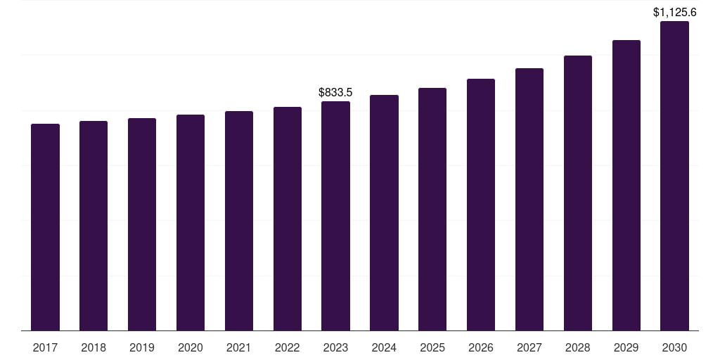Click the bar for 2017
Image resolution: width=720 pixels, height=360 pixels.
click(45, 227)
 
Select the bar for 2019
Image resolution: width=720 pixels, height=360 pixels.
click(142, 224)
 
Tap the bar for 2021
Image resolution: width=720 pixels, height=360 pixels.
click(239, 221)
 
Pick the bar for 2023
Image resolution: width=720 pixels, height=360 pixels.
click(335, 216)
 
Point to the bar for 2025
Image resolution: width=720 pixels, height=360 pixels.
click(432, 210)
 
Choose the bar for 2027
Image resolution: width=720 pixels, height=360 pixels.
click(529, 199)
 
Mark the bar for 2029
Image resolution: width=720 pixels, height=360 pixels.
click(626, 186)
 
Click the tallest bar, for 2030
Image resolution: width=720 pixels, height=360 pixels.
click(674, 176)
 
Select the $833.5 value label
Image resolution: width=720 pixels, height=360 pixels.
click(335, 92)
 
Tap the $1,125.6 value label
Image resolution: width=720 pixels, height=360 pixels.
click(674, 13)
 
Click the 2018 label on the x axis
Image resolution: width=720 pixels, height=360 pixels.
click(94, 348)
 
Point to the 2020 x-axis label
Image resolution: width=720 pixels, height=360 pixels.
click(191, 348)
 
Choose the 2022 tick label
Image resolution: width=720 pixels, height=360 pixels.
click(288, 348)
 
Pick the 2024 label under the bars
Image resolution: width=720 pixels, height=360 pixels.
click(385, 348)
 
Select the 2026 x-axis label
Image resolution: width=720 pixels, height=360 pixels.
click(481, 348)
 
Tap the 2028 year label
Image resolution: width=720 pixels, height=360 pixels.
click(578, 348)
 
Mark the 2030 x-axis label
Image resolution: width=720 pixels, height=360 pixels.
click(674, 348)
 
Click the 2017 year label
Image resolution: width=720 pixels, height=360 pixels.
click(45, 348)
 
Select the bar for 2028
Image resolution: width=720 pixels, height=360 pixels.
click(578, 193)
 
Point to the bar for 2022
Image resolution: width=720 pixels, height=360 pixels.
click(288, 219)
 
